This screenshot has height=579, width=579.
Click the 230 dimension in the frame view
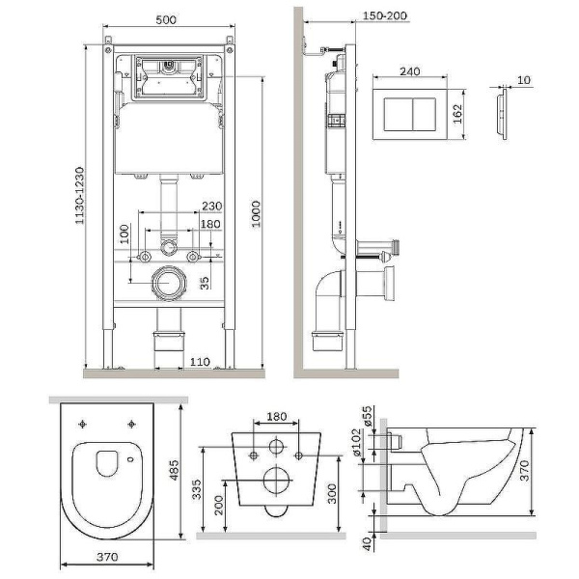coord(212,205)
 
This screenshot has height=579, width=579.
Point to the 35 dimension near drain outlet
coord(203,284)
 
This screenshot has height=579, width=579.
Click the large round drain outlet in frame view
coord(170,286)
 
